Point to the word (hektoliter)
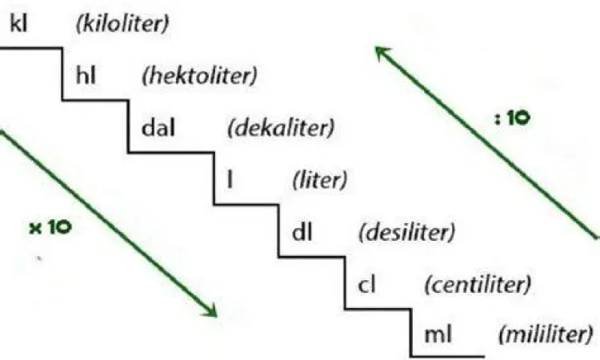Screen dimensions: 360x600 pyautogui.click(x=198, y=77)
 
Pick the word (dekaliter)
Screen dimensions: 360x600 pyautogui.click(x=280, y=128)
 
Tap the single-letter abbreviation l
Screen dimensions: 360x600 pyautogui.click(x=230, y=180)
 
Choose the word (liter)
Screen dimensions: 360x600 pyautogui.click(x=319, y=180)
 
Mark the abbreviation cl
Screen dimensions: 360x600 pyautogui.click(x=369, y=283)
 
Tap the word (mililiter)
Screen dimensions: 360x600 pyautogui.click(x=547, y=334)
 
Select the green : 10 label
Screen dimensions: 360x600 pyautogui.click(x=510, y=117)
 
